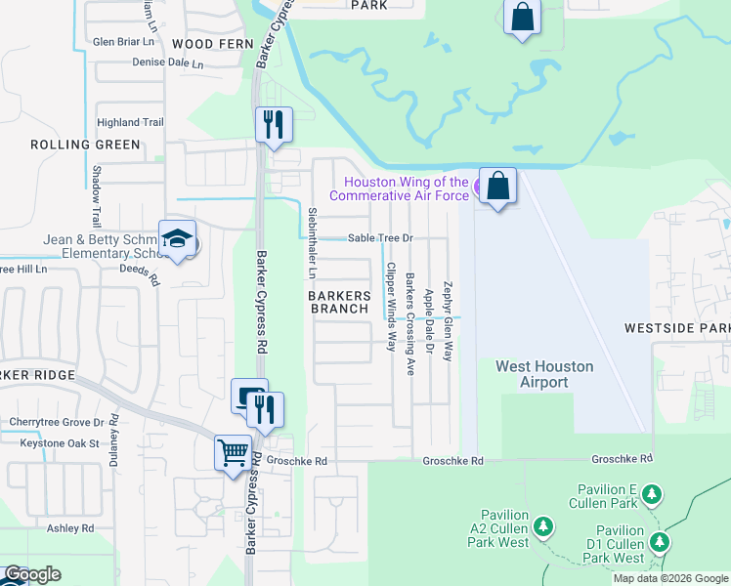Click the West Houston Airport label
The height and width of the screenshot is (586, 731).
(544, 374)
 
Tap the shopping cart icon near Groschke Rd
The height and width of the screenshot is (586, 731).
(233, 452)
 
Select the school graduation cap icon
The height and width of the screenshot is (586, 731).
(178, 238)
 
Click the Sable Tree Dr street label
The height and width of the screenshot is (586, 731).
(382, 238)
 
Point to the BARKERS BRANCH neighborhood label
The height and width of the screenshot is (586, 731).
(340, 302)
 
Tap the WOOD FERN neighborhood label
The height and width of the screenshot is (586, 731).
(212, 44)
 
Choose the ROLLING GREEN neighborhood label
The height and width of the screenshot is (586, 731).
(85, 145)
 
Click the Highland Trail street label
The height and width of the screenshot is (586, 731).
(130, 122)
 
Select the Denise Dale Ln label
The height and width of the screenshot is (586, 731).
(168, 63)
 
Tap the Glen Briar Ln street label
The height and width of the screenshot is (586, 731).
(124, 42)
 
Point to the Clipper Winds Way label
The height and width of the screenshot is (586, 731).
(391, 307)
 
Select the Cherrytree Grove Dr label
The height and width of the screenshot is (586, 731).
(56, 422)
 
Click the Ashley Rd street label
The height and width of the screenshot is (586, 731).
(74, 528)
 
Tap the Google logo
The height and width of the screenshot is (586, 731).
(31, 574)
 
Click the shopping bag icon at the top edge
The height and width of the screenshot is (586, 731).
(522, 17)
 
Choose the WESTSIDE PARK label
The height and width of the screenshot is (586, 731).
(677, 328)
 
